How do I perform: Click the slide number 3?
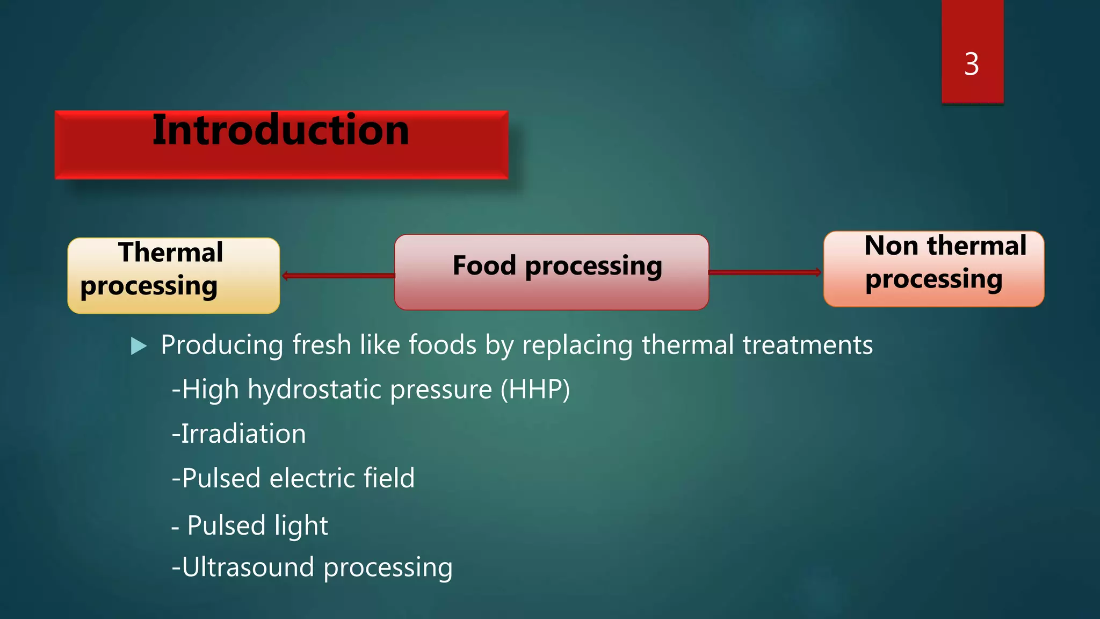pyautogui.click(x=971, y=64)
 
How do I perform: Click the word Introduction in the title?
pyautogui.click(x=280, y=131)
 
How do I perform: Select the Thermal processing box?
pyautogui.click(x=173, y=276)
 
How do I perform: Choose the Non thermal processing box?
pyautogui.click(x=933, y=269)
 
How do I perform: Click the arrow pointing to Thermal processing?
pyautogui.click(x=338, y=276)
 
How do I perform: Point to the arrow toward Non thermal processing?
pyautogui.click(x=765, y=272)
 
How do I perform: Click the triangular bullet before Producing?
pyautogui.click(x=139, y=346)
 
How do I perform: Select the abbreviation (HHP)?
pyautogui.click(x=535, y=390)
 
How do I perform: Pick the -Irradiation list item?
pyautogui.click(x=239, y=434)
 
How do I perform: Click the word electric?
pyautogui.click(x=312, y=478)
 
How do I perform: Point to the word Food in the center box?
pyautogui.click(x=484, y=265)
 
